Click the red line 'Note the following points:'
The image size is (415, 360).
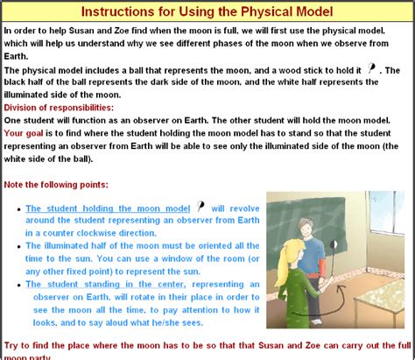(57, 185)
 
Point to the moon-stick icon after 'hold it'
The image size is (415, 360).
(374, 67)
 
